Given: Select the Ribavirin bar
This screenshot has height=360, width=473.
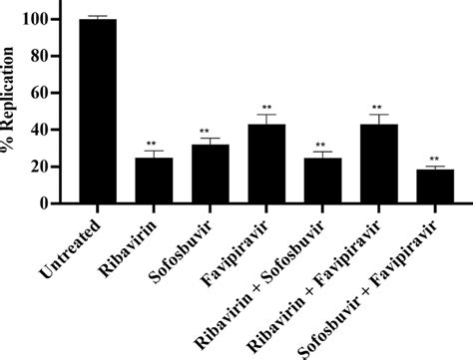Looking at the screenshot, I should point(154,180).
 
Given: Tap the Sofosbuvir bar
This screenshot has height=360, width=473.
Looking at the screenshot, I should point(211,175).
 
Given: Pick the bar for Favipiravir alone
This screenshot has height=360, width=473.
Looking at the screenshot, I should point(267,165).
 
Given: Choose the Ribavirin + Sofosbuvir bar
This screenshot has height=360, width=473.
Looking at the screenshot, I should point(322,180).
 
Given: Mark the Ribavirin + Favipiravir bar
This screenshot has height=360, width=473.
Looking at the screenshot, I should point(378,165).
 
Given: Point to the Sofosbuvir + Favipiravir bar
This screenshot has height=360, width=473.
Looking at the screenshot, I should point(434,186).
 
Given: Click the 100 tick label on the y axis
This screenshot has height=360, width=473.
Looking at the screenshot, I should point(44,19).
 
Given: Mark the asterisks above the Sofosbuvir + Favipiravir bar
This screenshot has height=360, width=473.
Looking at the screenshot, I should point(434,159).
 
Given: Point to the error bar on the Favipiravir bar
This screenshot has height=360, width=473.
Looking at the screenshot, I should point(267,120).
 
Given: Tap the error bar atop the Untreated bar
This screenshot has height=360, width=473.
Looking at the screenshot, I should point(99,17).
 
